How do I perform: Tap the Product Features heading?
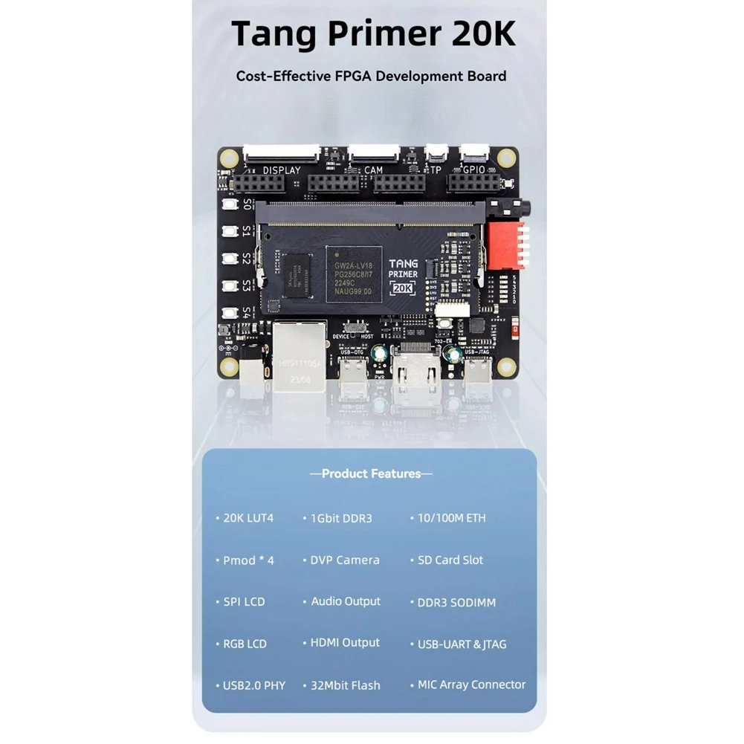(x=372, y=473)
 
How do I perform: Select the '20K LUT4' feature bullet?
(x=248, y=517)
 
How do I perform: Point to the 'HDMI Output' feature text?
(x=345, y=643)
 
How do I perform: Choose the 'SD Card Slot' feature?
(x=450, y=560)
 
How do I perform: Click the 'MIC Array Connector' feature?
(x=471, y=685)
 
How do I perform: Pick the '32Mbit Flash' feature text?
(x=345, y=685)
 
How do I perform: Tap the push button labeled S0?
(x=230, y=204)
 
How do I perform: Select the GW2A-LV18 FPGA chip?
(x=355, y=274)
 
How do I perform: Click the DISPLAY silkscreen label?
(x=282, y=170)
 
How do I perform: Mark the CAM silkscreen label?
(x=374, y=170)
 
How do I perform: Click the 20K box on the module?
(x=403, y=287)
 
